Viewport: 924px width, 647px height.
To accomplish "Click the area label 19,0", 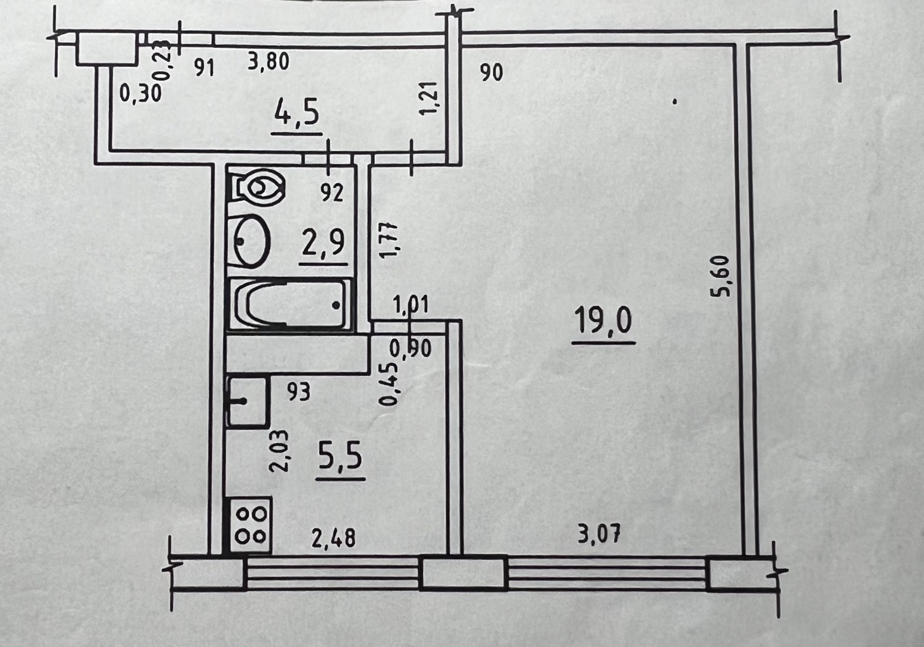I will [603, 321].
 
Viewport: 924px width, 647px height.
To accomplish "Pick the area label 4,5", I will [297, 114].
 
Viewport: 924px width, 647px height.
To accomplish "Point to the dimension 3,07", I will [599, 534].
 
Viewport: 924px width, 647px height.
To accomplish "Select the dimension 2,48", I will [334, 538].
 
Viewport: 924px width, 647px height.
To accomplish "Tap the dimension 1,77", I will [389, 240].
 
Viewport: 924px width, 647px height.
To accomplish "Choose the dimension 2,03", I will [280, 451].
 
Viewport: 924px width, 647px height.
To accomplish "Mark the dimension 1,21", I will [429, 98].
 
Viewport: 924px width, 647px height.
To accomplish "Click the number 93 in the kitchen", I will [299, 392].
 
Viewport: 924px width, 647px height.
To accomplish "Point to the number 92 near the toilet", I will [332, 193].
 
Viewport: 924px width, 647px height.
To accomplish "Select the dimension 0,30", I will [140, 92].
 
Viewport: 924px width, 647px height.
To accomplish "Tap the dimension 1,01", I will [411, 305].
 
